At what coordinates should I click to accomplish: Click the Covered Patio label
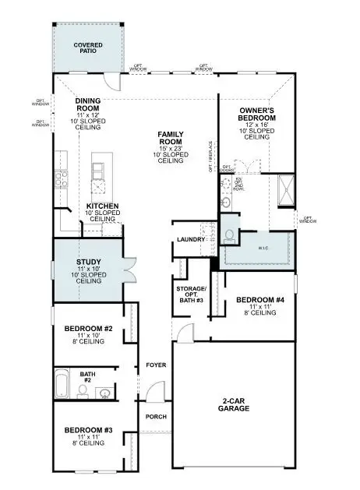coord(88,48)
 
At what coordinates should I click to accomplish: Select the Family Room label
coord(170,139)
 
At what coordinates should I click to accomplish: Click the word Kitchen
coord(102,206)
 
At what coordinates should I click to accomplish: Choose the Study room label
coord(88,263)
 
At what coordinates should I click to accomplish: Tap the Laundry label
coord(191,239)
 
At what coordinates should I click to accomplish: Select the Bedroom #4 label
coord(253,300)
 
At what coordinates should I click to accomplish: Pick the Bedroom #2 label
coord(89,330)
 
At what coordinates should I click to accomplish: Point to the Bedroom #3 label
coord(89,430)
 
